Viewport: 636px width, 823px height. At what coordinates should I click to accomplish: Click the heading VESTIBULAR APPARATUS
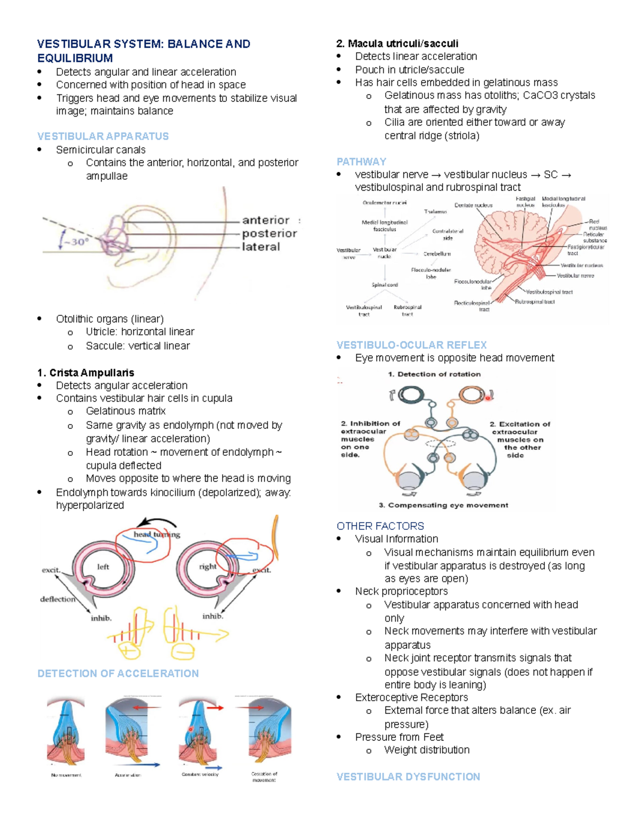click(x=103, y=136)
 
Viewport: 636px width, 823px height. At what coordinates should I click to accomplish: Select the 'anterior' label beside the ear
click(x=266, y=220)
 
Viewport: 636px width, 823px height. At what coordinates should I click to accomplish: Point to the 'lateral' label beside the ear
click(x=261, y=247)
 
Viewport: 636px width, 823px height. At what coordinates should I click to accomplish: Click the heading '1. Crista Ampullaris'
click(x=85, y=373)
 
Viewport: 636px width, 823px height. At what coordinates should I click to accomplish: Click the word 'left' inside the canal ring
click(x=103, y=567)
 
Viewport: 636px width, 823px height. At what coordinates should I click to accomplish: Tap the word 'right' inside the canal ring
click(x=207, y=567)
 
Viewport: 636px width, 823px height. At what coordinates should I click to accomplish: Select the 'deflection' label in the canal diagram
click(x=58, y=599)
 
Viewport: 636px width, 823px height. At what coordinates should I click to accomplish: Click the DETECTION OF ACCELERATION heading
click(x=118, y=673)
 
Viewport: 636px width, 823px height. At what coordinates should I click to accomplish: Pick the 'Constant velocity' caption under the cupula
click(x=200, y=774)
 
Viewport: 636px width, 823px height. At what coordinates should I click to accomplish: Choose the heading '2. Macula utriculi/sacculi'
click(x=397, y=43)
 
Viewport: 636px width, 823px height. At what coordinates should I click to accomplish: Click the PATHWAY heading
click(x=361, y=162)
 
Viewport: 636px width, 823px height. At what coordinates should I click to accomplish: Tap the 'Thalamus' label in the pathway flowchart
click(x=435, y=211)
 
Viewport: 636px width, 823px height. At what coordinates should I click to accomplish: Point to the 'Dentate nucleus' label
click(x=473, y=205)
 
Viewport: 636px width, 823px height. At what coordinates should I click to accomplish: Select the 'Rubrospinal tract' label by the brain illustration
click(x=535, y=302)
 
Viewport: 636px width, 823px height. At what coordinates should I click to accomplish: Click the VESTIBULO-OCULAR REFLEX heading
click(x=411, y=345)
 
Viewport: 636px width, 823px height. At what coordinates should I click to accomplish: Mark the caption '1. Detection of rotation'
click(x=434, y=374)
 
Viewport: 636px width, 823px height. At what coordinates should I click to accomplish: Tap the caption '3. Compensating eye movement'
click(x=443, y=505)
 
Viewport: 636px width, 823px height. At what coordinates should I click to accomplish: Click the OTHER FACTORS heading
click(x=380, y=526)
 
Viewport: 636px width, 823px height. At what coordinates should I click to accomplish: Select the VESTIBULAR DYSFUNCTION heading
click(x=408, y=776)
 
